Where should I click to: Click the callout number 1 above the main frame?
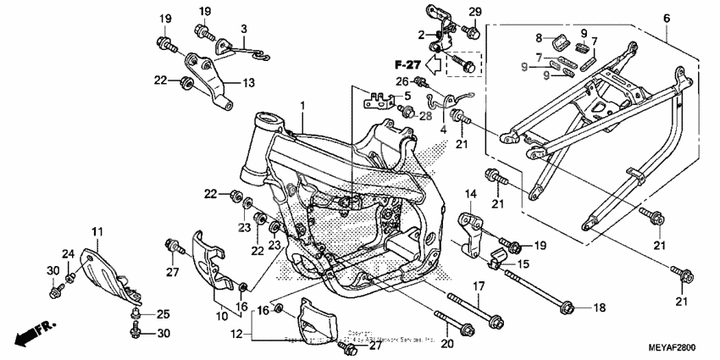pos(301,104)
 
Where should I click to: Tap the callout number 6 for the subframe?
pos(667,17)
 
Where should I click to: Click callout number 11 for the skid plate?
pos(97,231)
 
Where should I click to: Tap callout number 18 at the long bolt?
pos(601,307)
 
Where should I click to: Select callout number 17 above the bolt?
pos(478,285)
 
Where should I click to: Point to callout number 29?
pos(474,11)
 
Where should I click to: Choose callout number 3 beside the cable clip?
pos(243,29)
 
